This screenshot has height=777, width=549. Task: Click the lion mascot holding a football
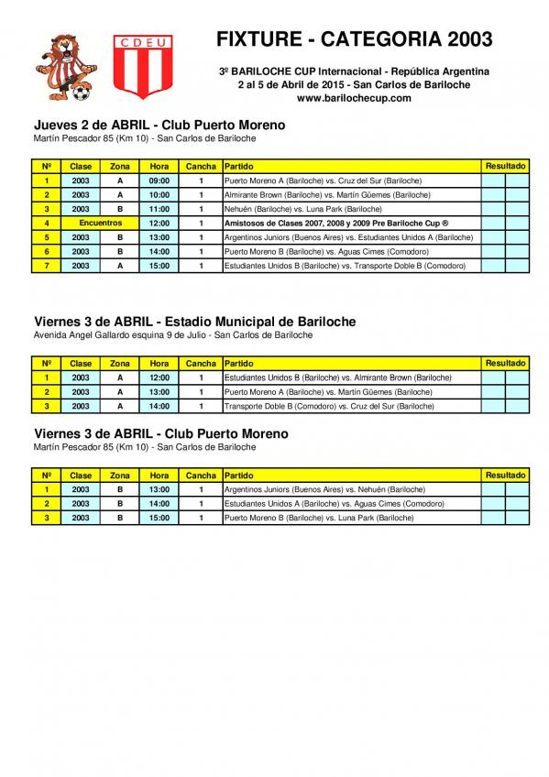pos(60,65)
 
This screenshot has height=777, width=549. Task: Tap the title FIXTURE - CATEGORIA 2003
pos(354,39)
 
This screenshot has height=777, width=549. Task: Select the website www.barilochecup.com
pos(354,98)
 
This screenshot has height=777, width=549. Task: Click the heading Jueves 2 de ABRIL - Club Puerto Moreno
pos(159,125)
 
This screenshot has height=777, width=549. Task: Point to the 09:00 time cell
pos(159,181)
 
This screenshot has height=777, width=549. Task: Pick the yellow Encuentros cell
pos(101,223)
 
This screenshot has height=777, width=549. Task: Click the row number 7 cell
pos(46,266)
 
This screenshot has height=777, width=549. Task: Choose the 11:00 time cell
pos(159,209)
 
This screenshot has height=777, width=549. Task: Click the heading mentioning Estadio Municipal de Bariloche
pos(194,322)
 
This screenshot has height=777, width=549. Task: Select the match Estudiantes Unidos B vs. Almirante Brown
pos(337,378)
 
